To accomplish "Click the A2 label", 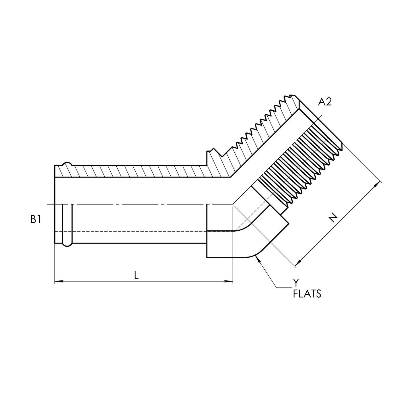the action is pos(325,102).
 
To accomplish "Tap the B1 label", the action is pos(36,219).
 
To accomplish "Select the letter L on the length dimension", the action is pos(137,275).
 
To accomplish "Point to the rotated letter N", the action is pos(333,218).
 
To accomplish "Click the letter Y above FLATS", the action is pos(296,283).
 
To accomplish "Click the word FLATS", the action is pos(307,294).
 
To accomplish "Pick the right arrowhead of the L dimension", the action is pos(228,282).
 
